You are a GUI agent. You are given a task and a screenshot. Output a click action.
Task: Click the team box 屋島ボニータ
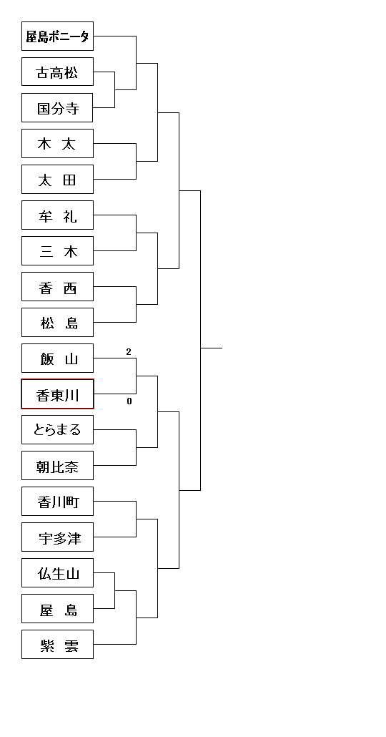point(57,36)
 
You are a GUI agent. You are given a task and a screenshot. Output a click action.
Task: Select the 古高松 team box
point(57,72)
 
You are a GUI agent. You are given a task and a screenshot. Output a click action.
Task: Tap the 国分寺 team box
point(57,107)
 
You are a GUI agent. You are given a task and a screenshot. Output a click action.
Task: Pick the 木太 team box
point(57,143)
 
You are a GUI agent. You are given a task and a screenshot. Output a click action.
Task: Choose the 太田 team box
point(57,179)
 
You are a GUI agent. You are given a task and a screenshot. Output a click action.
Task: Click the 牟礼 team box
point(57,215)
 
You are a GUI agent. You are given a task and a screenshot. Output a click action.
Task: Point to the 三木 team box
point(57,251)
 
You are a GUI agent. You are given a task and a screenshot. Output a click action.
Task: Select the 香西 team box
point(57,287)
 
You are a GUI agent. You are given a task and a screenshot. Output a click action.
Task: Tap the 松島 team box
point(57,323)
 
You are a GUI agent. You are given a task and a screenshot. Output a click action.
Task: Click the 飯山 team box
point(57,358)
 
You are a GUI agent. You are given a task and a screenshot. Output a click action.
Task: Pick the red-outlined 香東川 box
point(57,394)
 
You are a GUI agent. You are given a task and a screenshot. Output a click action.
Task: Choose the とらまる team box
point(57,429)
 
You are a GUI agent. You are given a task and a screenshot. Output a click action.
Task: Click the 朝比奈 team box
point(57,465)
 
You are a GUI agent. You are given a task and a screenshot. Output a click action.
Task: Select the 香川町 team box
point(57,501)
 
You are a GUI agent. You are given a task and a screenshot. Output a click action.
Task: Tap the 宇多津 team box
point(57,537)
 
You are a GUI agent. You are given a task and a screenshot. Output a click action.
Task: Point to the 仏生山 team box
point(57,573)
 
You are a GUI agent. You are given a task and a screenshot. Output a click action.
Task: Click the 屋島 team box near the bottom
point(57,609)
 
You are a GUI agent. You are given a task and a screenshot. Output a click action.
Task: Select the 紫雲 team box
point(57,645)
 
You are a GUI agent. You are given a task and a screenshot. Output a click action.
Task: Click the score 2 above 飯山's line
point(129,352)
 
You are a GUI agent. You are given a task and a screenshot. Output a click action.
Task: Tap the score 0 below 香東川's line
point(129,401)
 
